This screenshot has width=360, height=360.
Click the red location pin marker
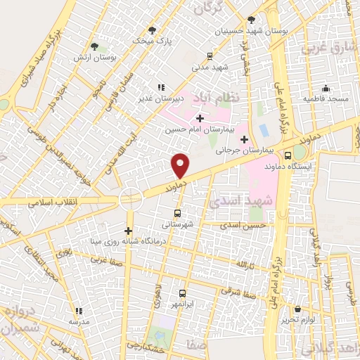tap(181, 165)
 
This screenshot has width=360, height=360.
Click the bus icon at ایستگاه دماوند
tap(288, 156)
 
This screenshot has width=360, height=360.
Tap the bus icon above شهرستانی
tap(176, 212)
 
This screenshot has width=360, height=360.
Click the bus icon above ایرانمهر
tap(182, 292)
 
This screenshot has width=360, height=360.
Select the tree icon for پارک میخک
tap(152, 30)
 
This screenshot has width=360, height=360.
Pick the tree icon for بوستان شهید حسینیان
tap(252, 20)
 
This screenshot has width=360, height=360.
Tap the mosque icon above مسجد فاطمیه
tap(326, 88)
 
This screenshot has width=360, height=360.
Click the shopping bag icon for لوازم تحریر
tap(298, 309)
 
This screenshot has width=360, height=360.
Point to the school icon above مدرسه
tap(79, 310)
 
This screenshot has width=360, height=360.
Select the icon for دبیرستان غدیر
tap(161, 87)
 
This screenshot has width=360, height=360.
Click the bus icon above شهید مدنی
tap(210, 56)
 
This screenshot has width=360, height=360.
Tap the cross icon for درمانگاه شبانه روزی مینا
tap(128, 230)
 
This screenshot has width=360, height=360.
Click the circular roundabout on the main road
tap(129, 198)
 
